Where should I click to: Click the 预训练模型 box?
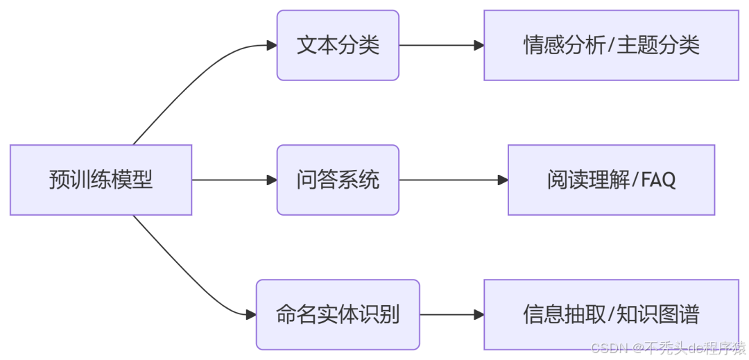pos(101,180)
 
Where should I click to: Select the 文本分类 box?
pos(338,45)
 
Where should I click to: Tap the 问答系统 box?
pos(338,180)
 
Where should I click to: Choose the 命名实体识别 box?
pos(338,314)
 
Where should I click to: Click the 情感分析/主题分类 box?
pos(611,45)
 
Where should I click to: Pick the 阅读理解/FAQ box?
pos(611,180)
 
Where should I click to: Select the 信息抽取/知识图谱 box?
pos(611,314)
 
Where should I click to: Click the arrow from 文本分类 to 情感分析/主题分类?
pos(441,45)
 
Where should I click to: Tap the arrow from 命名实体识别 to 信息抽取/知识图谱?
pos(451,314)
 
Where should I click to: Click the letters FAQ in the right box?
pos(658,180)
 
